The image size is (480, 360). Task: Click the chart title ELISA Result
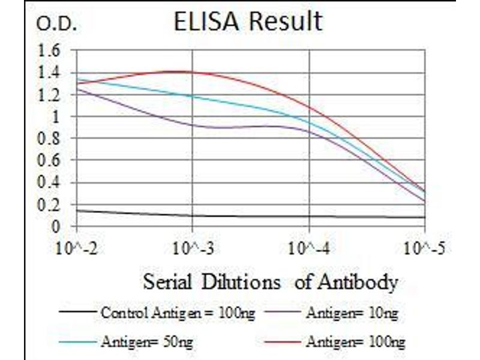pyautogui.click(x=247, y=22)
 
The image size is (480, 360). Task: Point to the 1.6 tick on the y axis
pyautogui.click(x=49, y=50)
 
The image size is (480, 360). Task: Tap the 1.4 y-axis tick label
pyautogui.click(x=49, y=73)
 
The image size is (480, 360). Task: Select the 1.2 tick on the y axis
pyautogui.click(x=49, y=95)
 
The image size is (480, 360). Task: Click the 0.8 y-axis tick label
pyautogui.click(x=49, y=139)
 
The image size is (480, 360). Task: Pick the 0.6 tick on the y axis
pyautogui.click(x=49, y=161)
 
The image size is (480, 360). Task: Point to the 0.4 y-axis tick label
pyautogui.click(x=49, y=182)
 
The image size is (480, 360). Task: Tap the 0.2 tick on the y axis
pyautogui.click(x=49, y=205)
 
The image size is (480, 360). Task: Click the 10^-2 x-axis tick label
pyautogui.click(x=77, y=247)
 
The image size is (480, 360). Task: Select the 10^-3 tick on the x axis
pyautogui.click(x=193, y=247)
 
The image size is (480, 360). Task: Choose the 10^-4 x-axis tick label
pyautogui.click(x=309, y=247)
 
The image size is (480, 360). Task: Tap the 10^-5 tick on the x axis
pyautogui.click(x=425, y=247)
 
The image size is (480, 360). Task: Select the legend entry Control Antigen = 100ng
pyautogui.click(x=159, y=312)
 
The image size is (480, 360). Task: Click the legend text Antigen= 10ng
pyautogui.click(x=352, y=312)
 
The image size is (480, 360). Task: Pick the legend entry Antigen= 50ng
pyautogui.click(x=147, y=342)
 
